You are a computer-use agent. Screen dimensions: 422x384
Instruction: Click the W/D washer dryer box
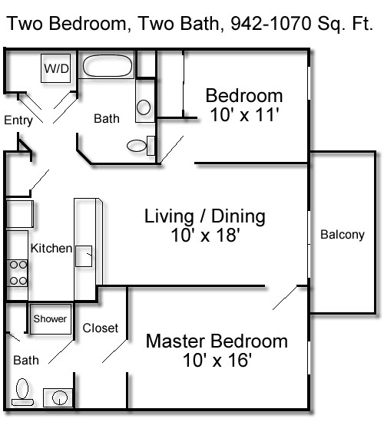[x=55, y=69]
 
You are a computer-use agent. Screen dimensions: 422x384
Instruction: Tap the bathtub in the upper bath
[x=108, y=66]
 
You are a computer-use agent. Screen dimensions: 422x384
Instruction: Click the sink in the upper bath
[x=144, y=108]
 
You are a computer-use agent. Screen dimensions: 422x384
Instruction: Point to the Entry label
[x=18, y=120]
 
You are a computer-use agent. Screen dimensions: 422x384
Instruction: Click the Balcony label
[x=342, y=236]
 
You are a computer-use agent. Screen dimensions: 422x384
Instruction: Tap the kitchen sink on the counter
[x=84, y=256]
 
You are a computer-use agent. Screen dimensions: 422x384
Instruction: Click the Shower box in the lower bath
[x=50, y=318]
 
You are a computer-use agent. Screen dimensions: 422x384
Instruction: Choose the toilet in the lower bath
[x=23, y=391]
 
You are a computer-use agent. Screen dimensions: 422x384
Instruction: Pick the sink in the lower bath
[x=58, y=397]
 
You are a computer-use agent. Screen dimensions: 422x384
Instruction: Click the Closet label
[x=101, y=328]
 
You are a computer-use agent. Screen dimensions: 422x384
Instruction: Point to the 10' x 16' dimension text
[x=217, y=361]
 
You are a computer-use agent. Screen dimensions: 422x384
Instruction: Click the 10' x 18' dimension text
[x=205, y=236]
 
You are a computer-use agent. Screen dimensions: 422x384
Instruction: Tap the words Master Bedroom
[x=217, y=341]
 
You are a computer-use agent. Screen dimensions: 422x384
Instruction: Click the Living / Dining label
[x=205, y=216]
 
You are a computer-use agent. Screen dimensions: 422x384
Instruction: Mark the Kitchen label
[x=51, y=249]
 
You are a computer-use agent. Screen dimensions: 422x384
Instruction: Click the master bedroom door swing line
[x=285, y=298]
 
